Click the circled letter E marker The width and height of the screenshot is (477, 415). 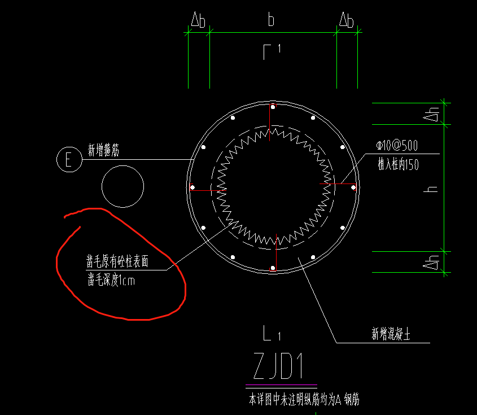click(x=69, y=160)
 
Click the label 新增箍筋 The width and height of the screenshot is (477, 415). click(x=103, y=150)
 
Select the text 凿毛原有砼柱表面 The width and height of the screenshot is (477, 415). click(x=117, y=261)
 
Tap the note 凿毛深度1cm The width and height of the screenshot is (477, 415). click(x=111, y=279)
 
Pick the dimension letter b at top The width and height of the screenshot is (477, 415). click(x=272, y=21)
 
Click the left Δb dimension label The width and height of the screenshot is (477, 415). click(x=198, y=21)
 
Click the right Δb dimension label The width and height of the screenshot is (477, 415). click(x=346, y=21)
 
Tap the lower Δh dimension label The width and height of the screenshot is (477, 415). click(x=433, y=261)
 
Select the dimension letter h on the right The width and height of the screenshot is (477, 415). click(x=433, y=188)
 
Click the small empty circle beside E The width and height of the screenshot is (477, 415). click(x=122, y=187)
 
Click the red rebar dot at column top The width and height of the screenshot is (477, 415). click(x=273, y=106)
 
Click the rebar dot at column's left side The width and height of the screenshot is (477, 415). click(x=192, y=187)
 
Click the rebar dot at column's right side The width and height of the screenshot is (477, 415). click(x=353, y=187)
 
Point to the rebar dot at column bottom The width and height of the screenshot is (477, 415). click(x=273, y=268)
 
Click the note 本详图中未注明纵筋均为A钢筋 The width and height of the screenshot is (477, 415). click(x=304, y=400)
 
